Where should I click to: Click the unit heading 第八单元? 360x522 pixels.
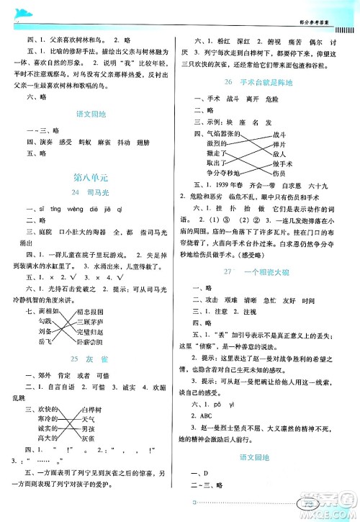(90, 176)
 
